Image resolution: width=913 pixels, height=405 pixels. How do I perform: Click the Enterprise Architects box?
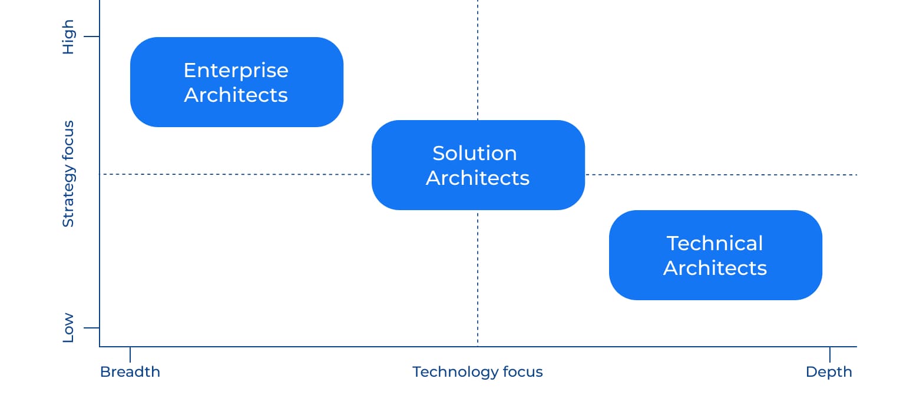point(237,82)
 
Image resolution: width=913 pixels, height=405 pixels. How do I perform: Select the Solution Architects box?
point(478,165)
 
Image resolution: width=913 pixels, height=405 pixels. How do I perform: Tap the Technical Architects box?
point(716,255)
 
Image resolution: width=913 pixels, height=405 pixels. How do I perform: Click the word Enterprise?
point(236,71)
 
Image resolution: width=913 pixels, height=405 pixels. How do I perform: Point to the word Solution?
point(475,154)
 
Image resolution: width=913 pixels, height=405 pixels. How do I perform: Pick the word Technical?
point(714,244)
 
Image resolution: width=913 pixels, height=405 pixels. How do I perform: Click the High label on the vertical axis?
point(68,37)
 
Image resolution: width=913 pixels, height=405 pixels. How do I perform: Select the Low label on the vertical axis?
point(68,328)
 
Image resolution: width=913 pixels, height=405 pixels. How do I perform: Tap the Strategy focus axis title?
point(68,174)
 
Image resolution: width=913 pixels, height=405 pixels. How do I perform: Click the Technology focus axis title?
point(477,372)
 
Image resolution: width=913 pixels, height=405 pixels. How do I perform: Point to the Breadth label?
point(130,372)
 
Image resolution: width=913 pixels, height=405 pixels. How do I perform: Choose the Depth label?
point(829,372)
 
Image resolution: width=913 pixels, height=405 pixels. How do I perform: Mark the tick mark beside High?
point(92,36)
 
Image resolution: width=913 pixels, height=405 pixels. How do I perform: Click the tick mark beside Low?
point(92,327)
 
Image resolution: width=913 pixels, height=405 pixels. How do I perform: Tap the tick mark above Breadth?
point(130,354)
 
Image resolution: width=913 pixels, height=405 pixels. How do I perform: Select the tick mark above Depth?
point(830,354)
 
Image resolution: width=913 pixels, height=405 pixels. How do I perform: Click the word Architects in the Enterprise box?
point(236,95)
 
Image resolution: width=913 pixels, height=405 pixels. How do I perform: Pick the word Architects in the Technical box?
point(715,268)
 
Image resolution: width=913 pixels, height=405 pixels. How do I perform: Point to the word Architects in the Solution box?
point(478,178)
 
